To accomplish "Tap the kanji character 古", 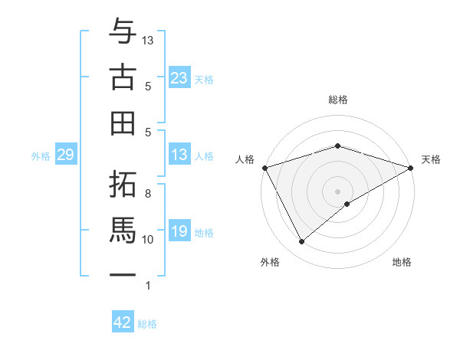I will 123,77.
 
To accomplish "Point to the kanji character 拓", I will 123,183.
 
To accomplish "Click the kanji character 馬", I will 123,229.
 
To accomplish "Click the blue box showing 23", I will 179,77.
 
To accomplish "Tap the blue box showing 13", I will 179,155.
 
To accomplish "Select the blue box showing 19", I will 179,231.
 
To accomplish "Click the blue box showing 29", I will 65,155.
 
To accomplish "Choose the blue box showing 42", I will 123,322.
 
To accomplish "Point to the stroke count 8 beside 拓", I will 148,193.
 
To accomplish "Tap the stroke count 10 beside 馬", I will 148,239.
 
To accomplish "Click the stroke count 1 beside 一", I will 148,286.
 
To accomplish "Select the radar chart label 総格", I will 337,100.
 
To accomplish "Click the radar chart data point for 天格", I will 411,168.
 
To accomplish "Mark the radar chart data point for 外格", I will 301,241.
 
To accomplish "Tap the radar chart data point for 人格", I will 264,168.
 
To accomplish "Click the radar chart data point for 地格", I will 347,204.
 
